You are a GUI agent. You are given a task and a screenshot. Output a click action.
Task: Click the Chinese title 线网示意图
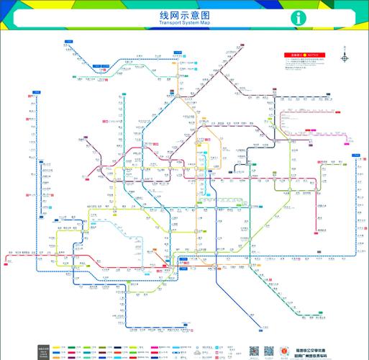coord(184,14)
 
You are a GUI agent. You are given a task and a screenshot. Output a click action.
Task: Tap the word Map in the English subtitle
coord(206,23)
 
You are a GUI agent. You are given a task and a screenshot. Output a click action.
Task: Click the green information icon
coord(299,18)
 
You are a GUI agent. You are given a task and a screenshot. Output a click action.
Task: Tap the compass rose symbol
coord(345,58)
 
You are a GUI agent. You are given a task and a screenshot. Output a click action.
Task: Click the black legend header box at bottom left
coord(43,327)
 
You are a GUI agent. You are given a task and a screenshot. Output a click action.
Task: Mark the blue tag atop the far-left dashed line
coord(36,92)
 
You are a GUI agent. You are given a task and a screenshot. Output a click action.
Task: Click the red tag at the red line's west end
coord(10,252)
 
